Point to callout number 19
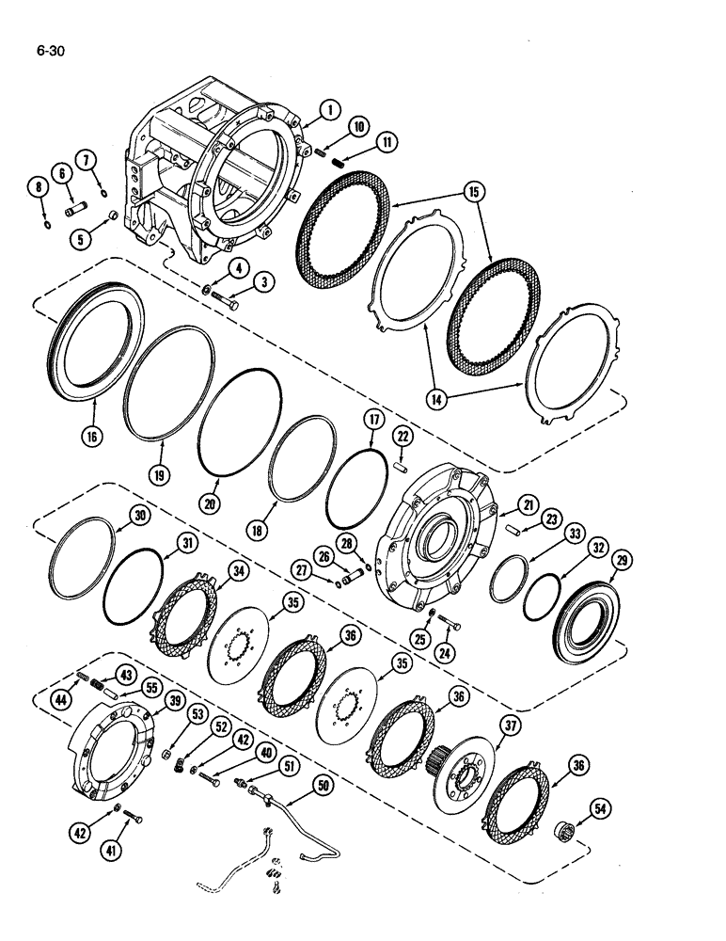[x=160, y=476]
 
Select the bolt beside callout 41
[x=132, y=817]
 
